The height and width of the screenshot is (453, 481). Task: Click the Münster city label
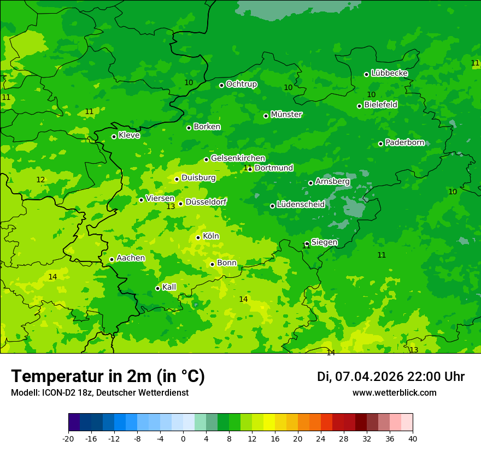click(x=286, y=115)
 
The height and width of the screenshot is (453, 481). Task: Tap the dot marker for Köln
click(x=198, y=237)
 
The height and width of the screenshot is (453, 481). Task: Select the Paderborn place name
click(x=405, y=142)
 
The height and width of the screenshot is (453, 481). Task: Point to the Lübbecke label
click(x=389, y=73)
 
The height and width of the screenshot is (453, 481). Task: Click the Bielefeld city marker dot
click(x=359, y=106)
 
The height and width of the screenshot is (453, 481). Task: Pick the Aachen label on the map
click(x=131, y=258)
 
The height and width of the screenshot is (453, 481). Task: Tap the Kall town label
click(x=169, y=287)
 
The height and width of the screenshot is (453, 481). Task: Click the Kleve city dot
click(x=114, y=136)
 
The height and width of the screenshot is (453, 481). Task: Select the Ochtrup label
click(x=242, y=84)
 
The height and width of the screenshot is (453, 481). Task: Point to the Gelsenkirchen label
click(x=238, y=158)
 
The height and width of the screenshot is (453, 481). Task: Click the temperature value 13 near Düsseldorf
click(x=171, y=206)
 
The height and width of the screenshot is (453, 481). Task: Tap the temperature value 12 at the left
click(x=40, y=180)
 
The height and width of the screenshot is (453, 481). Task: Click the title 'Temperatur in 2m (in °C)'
click(x=108, y=376)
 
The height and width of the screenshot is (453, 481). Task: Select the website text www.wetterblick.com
click(x=394, y=392)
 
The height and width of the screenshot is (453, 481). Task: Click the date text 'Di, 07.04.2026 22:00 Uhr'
click(x=391, y=377)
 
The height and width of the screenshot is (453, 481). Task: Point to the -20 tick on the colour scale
click(x=68, y=439)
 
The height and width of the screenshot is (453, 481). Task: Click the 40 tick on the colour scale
click(x=413, y=439)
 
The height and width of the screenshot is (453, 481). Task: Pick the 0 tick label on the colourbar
click(x=183, y=439)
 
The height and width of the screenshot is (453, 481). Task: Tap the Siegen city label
click(x=324, y=242)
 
